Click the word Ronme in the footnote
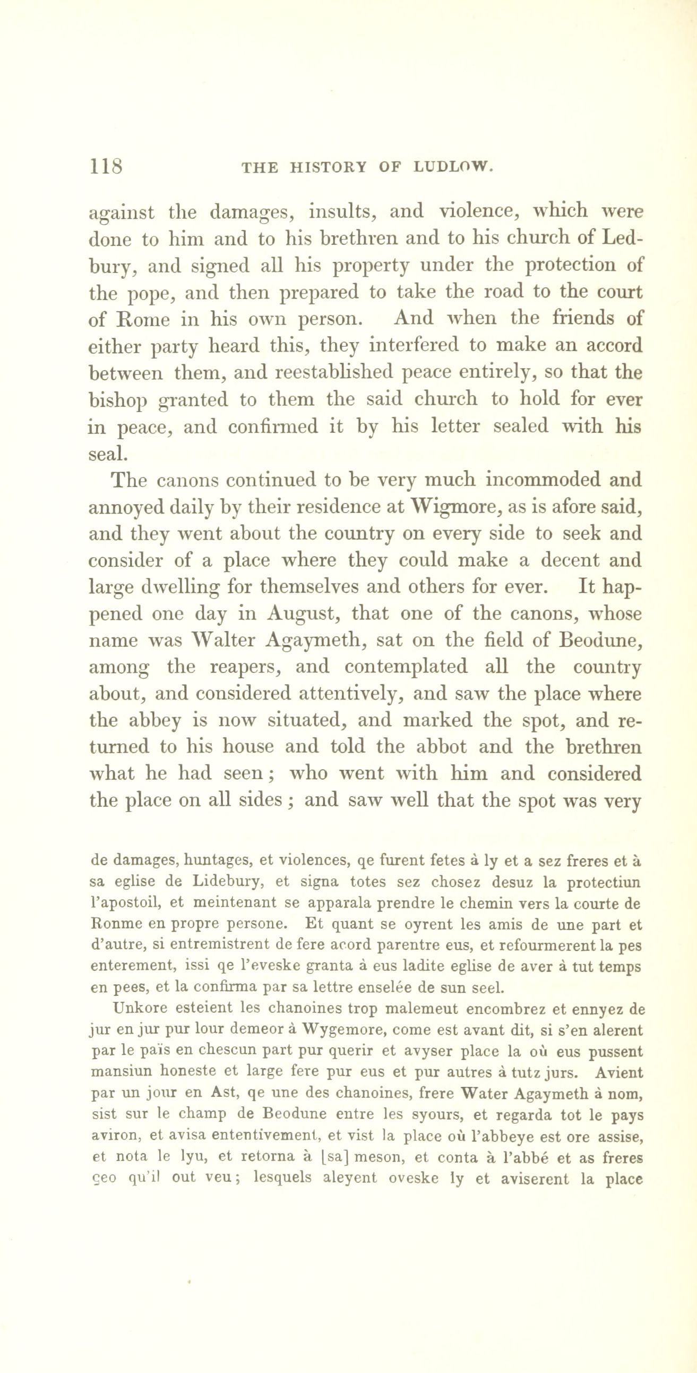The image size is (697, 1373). point(113,924)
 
